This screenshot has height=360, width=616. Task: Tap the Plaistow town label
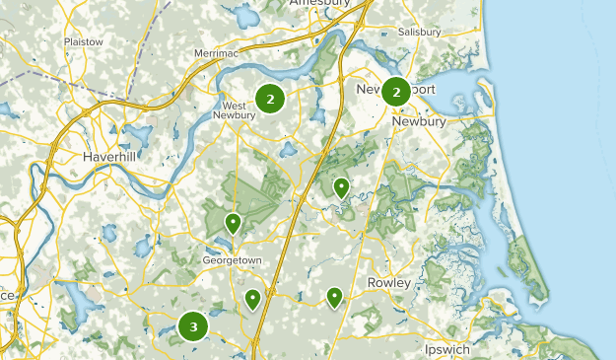83,42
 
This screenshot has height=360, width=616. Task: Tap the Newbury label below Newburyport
419,121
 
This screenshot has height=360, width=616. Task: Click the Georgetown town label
232,260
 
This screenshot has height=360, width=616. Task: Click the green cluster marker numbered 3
193,326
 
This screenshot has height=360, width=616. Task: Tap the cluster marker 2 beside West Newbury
270,98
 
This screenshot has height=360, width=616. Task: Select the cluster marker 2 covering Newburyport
396,92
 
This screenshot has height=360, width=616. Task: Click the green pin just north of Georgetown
234,224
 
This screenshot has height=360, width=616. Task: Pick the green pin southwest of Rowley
335,296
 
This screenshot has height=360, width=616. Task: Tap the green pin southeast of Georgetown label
253,298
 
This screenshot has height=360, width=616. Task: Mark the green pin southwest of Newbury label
341,186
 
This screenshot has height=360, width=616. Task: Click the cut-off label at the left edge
5,296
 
